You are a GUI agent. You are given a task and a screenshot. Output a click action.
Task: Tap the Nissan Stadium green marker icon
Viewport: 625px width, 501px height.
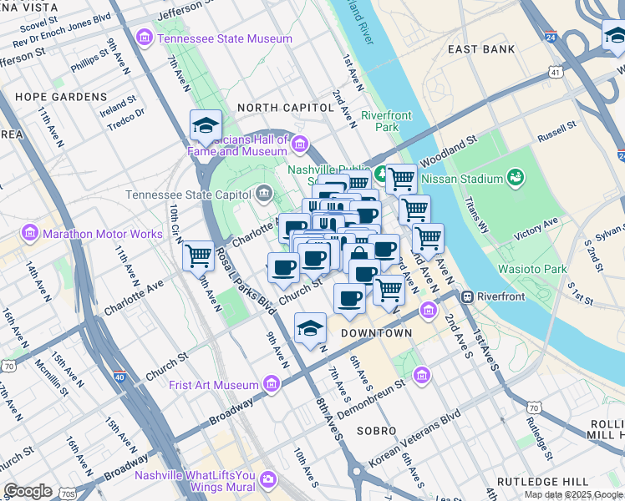coord(516,178)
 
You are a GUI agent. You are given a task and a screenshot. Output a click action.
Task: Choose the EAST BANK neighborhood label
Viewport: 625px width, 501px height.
coord(481,49)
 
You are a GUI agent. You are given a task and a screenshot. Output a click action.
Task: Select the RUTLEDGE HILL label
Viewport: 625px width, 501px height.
coord(538,482)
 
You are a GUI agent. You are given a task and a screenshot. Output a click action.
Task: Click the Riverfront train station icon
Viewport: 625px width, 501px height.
coord(468,296)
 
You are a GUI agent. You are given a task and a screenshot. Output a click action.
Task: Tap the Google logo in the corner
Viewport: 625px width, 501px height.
coord(28,490)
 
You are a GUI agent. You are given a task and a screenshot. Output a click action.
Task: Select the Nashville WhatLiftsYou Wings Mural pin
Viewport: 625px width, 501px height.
coord(268,478)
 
